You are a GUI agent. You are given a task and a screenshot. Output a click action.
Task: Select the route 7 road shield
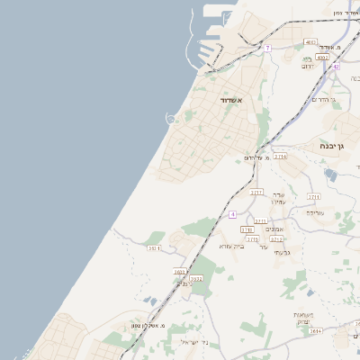click(267, 48)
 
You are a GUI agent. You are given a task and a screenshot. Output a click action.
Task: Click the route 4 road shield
click(232, 214)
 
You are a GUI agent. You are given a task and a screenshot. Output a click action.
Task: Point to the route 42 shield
click(336, 66)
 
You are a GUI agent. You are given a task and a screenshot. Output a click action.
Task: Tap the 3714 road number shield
click(281, 157)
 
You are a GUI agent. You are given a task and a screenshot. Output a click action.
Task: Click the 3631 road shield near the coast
click(154, 247)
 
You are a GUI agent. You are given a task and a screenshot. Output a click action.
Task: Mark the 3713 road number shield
click(276, 239)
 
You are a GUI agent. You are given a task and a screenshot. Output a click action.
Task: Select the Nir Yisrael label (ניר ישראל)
click(193, 342)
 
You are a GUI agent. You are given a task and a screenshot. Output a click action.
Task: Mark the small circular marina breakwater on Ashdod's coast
click(171, 119)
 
